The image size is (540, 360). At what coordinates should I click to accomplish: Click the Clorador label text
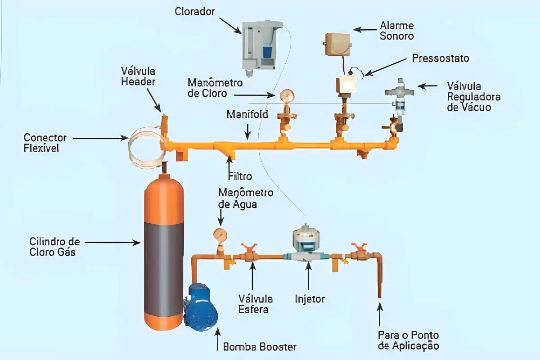(194, 12)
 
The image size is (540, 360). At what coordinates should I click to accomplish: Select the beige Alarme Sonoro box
(337, 45)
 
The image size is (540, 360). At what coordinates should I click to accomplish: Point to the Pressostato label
(441, 58)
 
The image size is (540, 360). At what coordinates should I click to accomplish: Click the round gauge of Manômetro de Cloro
(287, 95)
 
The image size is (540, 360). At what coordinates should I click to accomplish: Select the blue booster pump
(201, 307)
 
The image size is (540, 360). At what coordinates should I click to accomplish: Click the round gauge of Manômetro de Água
(220, 234)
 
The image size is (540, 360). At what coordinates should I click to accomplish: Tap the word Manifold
(247, 114)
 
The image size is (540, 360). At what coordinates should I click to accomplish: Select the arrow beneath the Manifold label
(247, 132)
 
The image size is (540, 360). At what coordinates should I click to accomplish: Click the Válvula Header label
(138, 76)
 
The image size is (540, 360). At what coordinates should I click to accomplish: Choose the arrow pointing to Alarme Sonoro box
(365, 30)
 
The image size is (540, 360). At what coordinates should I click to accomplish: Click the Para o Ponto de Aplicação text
(409, 340)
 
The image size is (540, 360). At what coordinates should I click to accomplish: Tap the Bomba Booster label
(260, 347)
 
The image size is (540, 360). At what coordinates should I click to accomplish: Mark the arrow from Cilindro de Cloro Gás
(112, 243)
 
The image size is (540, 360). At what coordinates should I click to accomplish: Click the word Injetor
(310, 299)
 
